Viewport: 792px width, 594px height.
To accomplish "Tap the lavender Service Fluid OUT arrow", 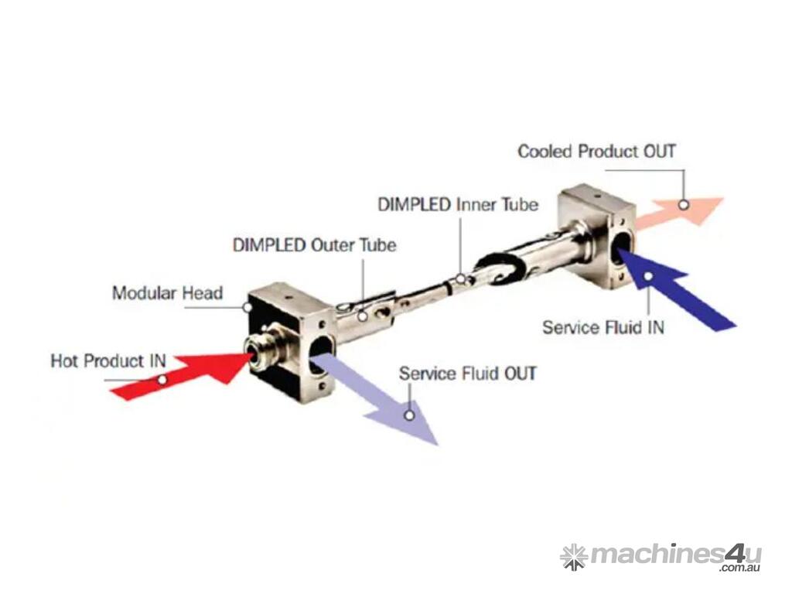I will pos(379,398).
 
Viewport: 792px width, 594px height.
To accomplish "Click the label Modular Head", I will pos(167,293).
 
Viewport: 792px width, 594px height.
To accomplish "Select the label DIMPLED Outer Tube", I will pos(314,245).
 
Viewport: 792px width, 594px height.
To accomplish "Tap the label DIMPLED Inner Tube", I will pos(458,205).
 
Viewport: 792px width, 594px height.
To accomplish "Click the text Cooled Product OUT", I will pos(596,151).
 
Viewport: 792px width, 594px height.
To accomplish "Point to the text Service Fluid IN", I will pos(603,326).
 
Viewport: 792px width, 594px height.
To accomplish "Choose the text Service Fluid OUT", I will pos(467,374).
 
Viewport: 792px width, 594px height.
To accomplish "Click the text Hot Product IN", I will pos(108,361).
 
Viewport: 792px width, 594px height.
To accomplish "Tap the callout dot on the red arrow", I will pos(162,380).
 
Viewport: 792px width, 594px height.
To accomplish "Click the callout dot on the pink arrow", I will pos(684,205).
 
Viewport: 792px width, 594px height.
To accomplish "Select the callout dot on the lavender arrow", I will pos(409,415).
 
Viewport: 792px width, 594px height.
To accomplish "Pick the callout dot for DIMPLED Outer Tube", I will pos(362,316).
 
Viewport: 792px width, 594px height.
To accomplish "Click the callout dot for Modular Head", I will pos(247,307).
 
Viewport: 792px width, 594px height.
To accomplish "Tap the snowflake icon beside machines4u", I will pos(574,557).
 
